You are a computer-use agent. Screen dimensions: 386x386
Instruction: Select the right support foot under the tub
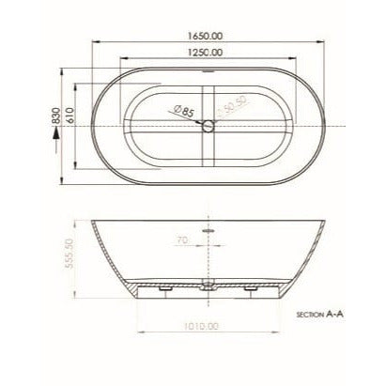[x=252, y=292]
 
